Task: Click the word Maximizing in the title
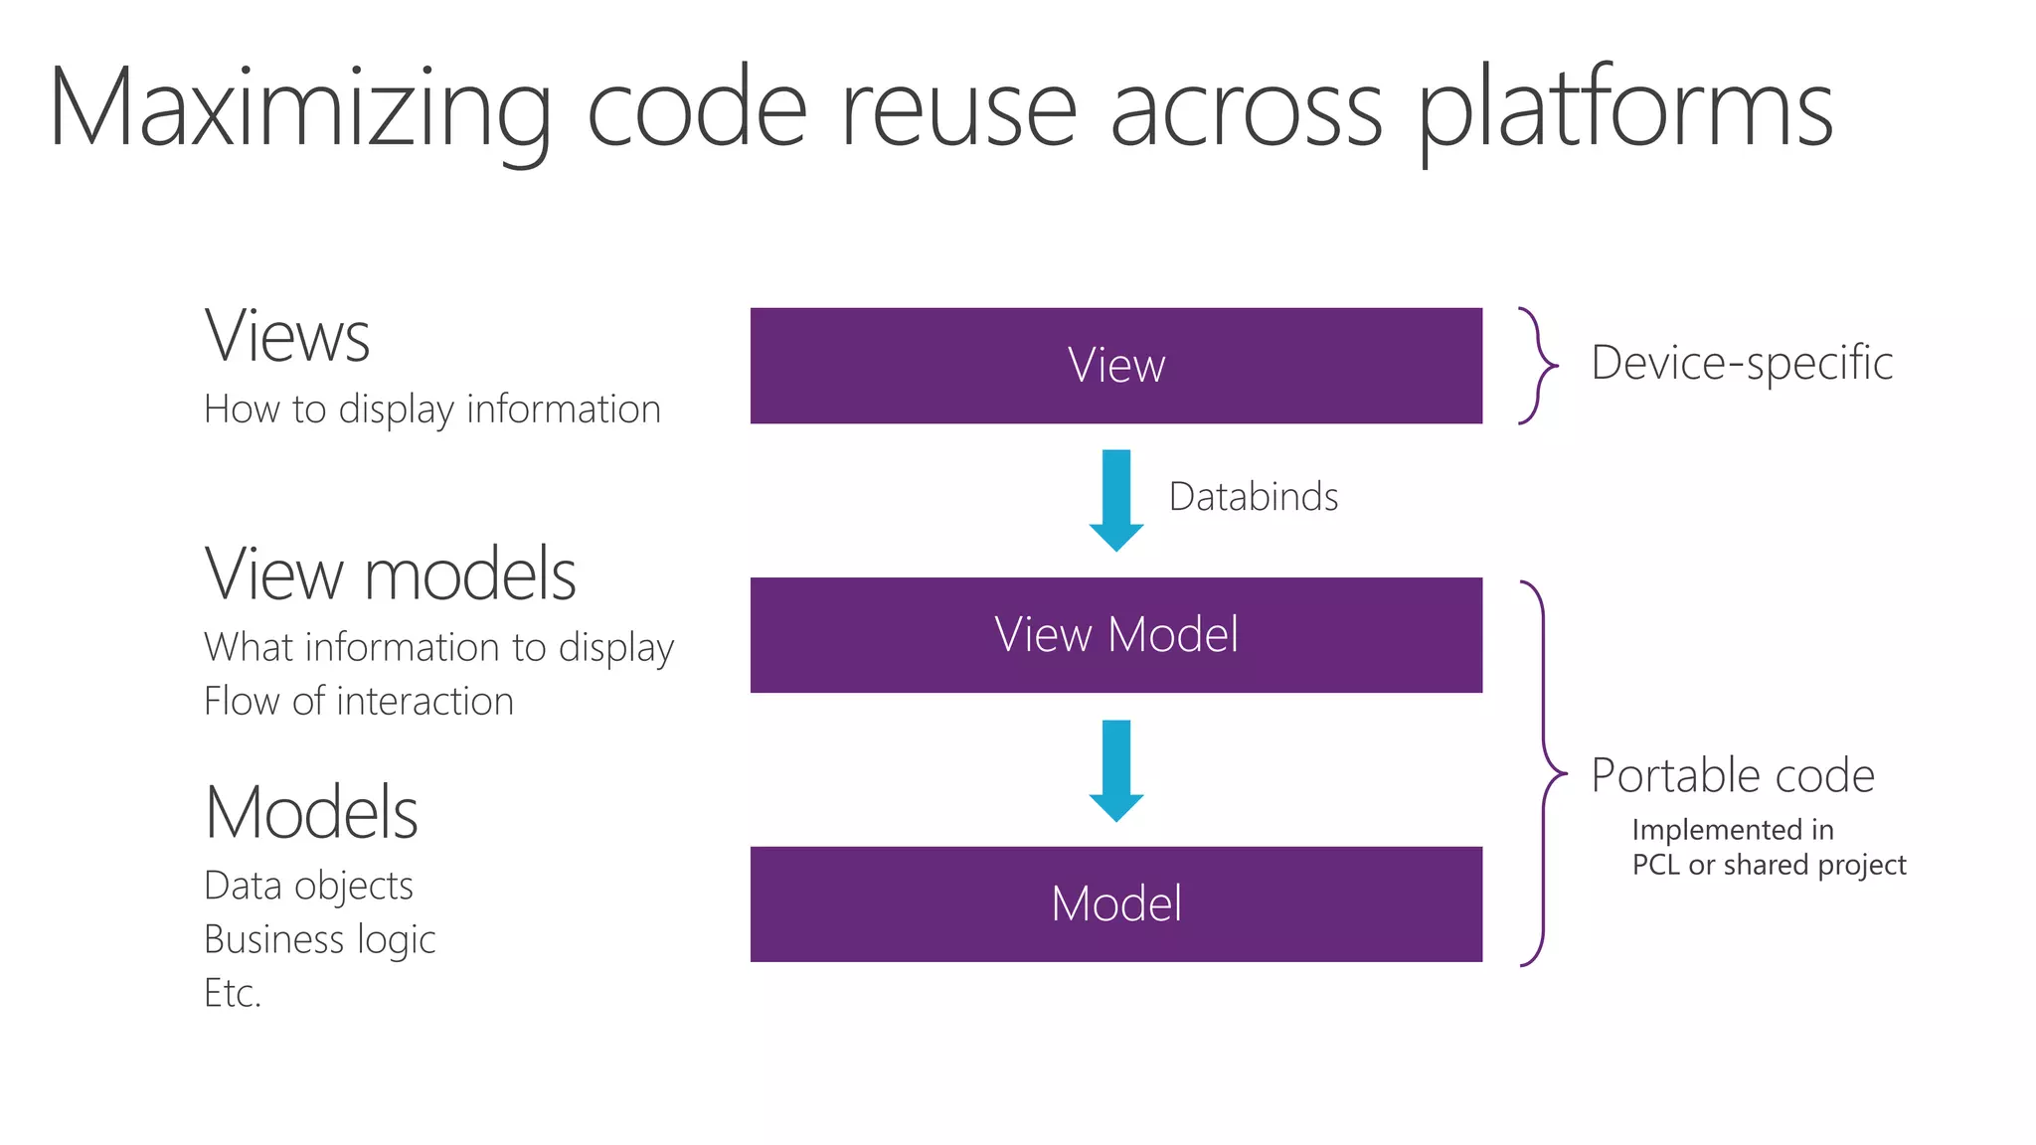tap(298, 109)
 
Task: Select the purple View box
tap(1115, 365)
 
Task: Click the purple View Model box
tap(1115, 634)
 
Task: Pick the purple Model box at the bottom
tap(1115, 903)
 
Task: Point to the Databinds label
tap(1253, 497)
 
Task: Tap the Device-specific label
tap(1741, 363)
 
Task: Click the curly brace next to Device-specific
tap(1537, 366)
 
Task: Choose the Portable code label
tap(1732, 775)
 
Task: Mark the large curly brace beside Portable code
tap(1543, 772)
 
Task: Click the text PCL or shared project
tap(1769, 865)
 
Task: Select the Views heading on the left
tap(287, 336)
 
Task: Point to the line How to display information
tap(431, 409)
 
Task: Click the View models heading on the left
tap(390, 574)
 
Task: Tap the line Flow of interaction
tap(358, 702)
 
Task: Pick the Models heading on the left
tap(311, 813)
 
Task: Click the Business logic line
tap(319, 939)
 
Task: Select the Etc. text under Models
tap(232, 993)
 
